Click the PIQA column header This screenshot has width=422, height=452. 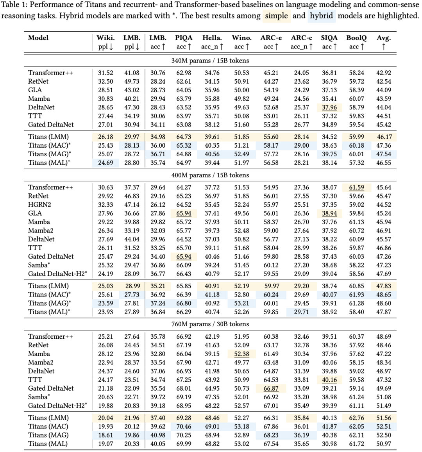coord(184,38)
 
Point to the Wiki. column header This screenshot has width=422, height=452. coord(105,38)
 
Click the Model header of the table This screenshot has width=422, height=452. coord(38,38)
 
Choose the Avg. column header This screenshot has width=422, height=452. coord(383,38)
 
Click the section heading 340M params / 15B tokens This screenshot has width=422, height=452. coord(210,61)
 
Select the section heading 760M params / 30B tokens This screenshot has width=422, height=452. coord(210,324)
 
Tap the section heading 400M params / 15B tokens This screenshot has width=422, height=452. coord(210,175)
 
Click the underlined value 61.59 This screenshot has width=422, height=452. coord(356,188)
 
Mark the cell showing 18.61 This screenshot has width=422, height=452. coord(105,435)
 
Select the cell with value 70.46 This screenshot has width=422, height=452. coord(184,427)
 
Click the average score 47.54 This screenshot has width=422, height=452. coord(383,154)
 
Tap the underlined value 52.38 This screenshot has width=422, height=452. coord(242,354)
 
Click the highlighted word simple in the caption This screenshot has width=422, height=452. coord(277,16)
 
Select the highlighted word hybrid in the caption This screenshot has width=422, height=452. coord(322,16)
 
